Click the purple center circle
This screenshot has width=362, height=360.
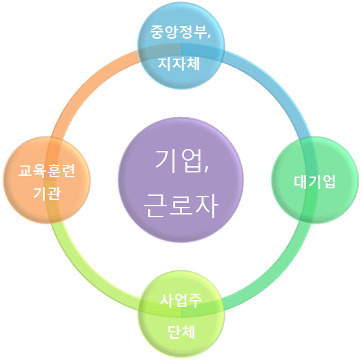[x=181, y=180]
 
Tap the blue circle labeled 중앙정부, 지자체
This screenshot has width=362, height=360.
[x=181, y=46]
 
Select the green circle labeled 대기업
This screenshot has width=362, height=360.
[x=314, y=180]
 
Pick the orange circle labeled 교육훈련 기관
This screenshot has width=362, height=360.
[x=47, y=180]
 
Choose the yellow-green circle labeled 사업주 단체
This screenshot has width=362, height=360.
[x=181, y=314]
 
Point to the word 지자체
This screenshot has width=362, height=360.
[x=179, y=63]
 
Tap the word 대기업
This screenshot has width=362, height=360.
[x=314, y=182]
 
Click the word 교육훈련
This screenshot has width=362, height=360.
[x=47, y=171]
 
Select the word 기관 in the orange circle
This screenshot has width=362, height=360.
[x=47, y=193]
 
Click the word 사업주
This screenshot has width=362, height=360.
[x=181, y=301]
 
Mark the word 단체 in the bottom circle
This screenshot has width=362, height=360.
[x=181, y=332]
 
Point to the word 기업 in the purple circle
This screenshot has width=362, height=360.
[x=178, y=161]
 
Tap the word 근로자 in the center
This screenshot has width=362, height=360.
[x=181, y=206]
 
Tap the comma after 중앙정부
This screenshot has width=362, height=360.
[x=209, y=36]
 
